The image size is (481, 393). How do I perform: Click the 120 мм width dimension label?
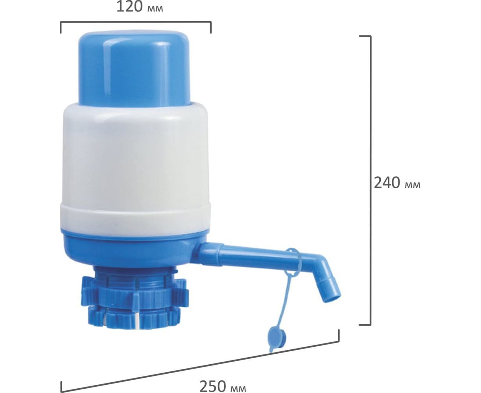[140, 7]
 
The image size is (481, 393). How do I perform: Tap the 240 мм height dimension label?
[397, 183]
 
